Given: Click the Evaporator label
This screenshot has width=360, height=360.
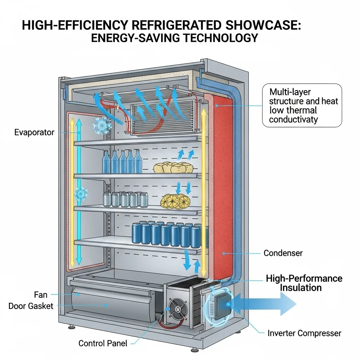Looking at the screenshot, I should point(34,133).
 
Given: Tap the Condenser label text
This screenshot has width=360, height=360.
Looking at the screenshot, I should point(283,253).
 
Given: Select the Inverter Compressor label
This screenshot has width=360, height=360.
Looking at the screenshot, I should point(304,333).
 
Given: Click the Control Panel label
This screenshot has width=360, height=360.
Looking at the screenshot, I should point(103,343).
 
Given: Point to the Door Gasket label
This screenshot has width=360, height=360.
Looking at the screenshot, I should point(31,306).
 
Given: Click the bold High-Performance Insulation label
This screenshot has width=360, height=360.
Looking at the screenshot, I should point(304,283).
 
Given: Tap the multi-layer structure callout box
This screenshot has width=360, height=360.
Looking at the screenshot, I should point(302,105).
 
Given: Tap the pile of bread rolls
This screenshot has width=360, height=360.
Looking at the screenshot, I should point(173,168).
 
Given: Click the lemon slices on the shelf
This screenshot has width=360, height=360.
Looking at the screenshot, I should point(175,201).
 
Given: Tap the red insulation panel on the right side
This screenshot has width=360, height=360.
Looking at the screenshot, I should point(222,176).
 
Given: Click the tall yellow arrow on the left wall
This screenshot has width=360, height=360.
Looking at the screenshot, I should point(72,192).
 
